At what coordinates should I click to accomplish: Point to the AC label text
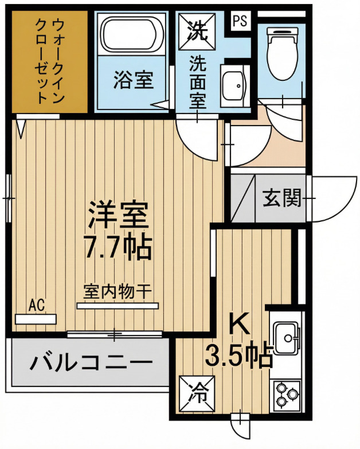click(x=38, y=303)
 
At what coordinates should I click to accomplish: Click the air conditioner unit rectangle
click(x=36, y=319)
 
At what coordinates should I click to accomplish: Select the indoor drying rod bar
click(x=118, y=306)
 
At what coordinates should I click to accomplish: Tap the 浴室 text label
click(x=133, y=80)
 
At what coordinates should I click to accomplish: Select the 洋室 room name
click(x=118, y=214)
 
